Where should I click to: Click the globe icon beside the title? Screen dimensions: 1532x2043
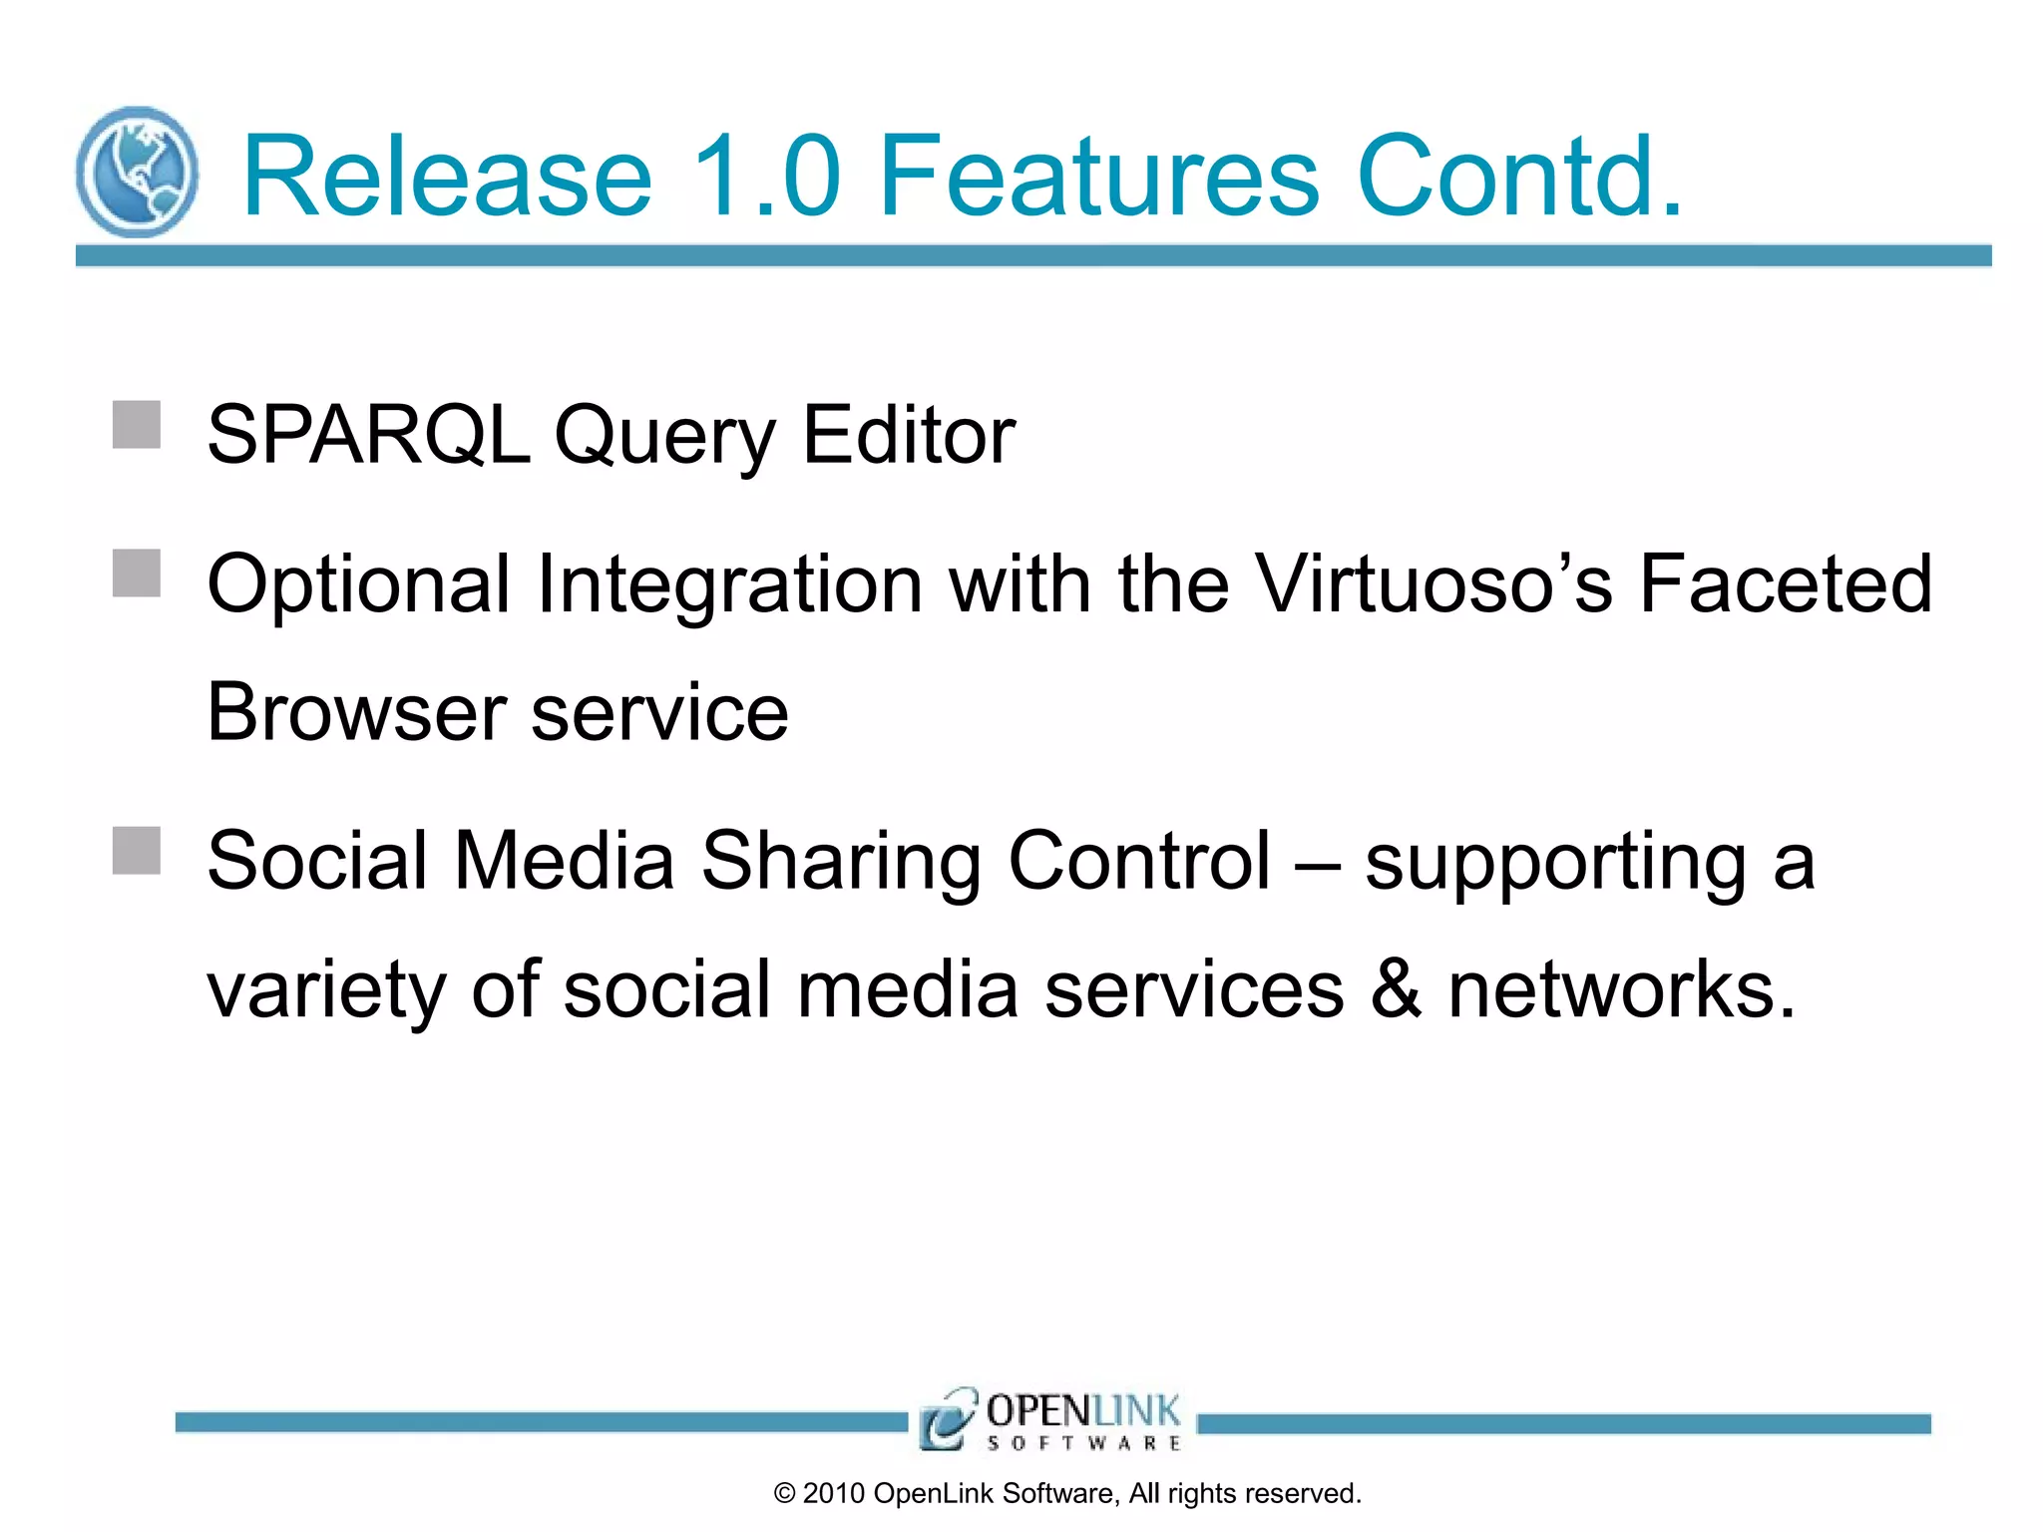click(x=137, y=173)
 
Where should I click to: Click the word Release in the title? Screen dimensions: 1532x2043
click(x=447, y=177)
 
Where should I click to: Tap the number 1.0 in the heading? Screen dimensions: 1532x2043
click(x=766, y=177)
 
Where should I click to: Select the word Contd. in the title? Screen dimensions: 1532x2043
click(x=1519, y=177)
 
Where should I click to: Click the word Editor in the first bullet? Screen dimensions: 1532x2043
click(x=908, y=435)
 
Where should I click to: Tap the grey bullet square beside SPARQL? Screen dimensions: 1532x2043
click(x=137, y=425)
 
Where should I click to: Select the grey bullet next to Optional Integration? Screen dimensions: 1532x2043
click(x=137, y=574)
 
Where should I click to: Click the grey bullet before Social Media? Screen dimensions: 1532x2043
click(x=137, y=851)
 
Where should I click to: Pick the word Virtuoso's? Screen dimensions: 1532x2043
click(x=1432, y=583)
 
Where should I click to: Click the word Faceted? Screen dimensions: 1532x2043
click(x=1786, y=583)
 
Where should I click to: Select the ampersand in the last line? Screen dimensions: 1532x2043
click(x=1396, y=989)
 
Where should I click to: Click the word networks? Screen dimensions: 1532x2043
click(x=1621, y=989)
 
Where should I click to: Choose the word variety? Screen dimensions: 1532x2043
click(x=325, y=991)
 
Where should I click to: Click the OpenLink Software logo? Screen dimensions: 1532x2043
click(x=1050, y=1419)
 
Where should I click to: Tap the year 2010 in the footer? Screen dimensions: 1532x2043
click(x=833, y=1494)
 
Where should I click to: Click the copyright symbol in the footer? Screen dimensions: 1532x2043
click(x=784, y=1494)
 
